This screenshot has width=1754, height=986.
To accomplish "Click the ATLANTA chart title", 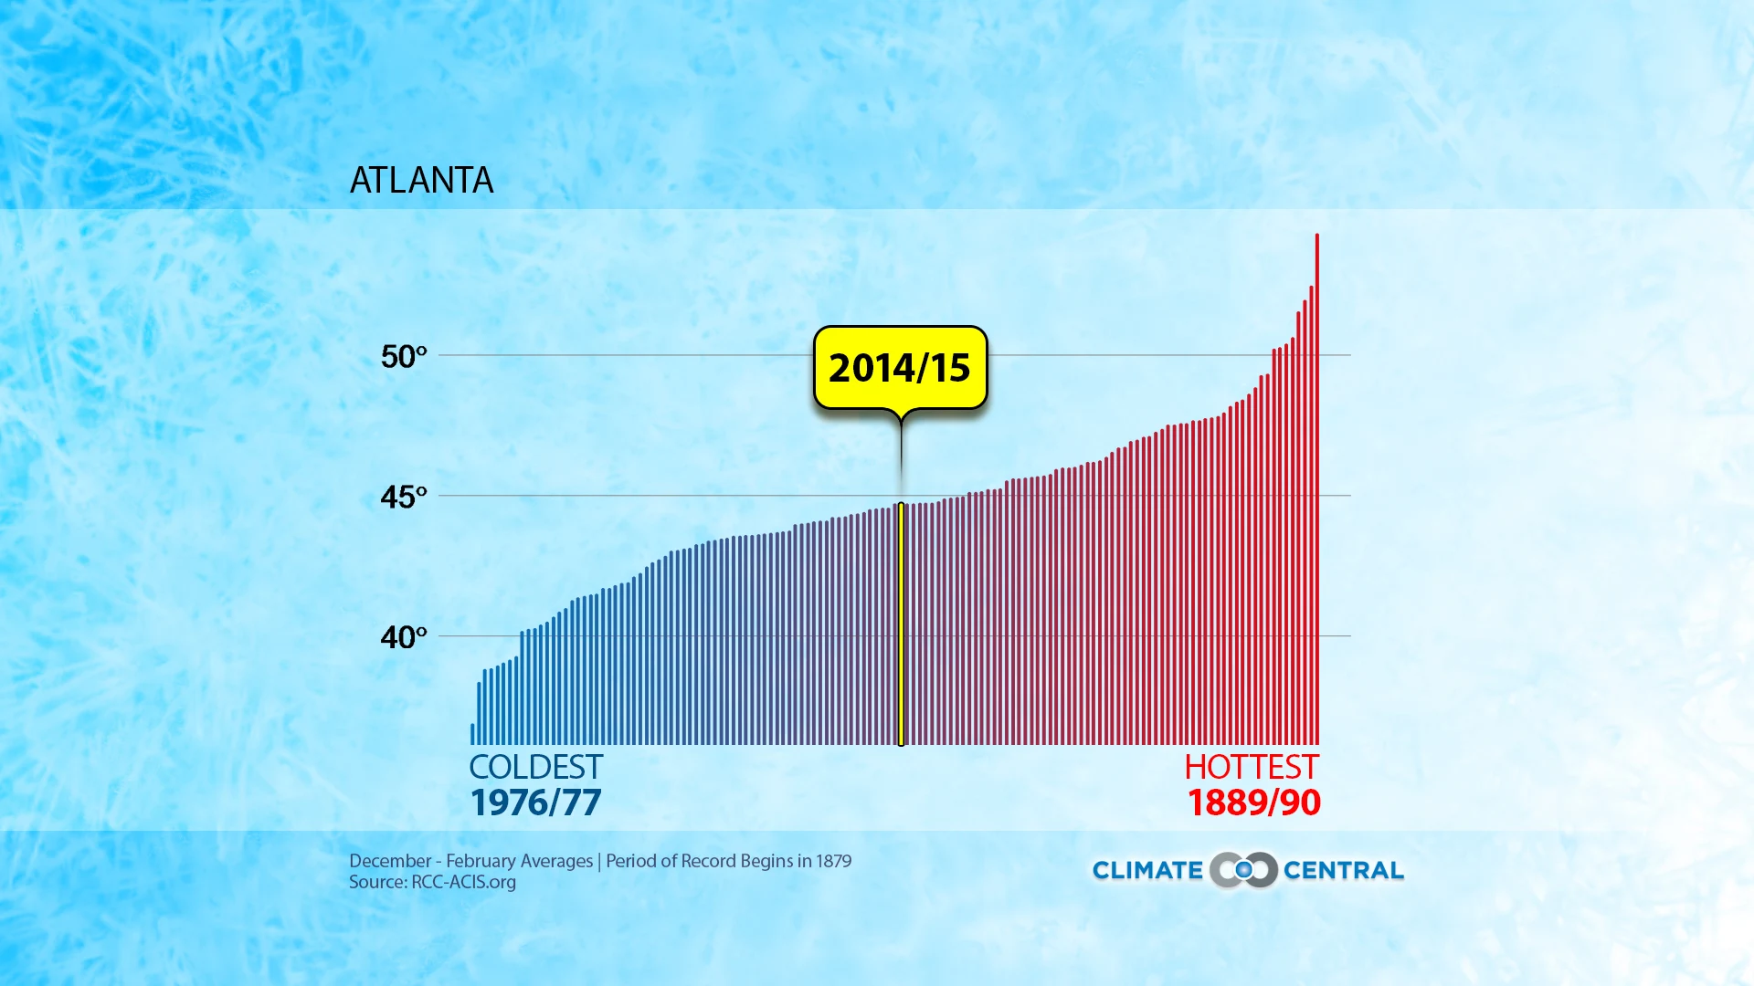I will (421, 180).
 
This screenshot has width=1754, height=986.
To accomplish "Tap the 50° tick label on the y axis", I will (403, 356).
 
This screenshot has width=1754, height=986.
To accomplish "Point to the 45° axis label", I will (403, 497).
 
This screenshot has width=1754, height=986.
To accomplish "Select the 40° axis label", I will (403, 636).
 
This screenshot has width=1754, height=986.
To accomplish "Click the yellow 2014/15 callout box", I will (900, 367).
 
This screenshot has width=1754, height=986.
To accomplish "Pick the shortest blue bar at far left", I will (472, 734).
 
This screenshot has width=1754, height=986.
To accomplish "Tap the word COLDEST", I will (535, 767).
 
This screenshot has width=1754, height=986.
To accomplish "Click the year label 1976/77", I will (535, 802).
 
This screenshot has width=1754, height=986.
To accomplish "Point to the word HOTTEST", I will (1252, 767).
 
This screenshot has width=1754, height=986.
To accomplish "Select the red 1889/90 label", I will (1253, 802).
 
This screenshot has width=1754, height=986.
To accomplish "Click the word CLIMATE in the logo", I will (1147, 870).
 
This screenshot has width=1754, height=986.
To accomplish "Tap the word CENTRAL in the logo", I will (1343, 870).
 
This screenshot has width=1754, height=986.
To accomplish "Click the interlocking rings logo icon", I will (1243, 870).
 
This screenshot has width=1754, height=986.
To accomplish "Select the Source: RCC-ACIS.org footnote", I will (432, 882).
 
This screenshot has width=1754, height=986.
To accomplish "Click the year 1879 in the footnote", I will (833, 861).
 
